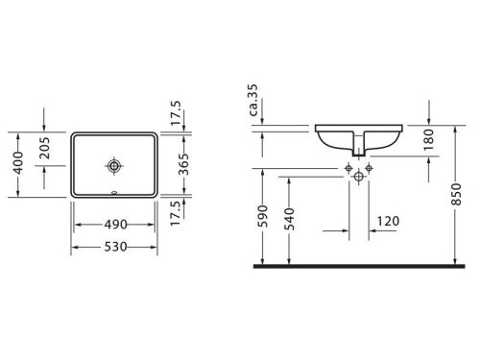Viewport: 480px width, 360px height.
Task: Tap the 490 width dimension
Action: point(115,224)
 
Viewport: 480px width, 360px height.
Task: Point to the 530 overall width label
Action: point(115,247)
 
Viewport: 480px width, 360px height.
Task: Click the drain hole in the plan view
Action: point(114,165)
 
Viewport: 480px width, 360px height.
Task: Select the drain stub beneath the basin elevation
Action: point(358,147)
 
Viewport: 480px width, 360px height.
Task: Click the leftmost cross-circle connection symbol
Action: point(348,168)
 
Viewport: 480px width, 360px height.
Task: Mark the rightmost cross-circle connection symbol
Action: point(369,168)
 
